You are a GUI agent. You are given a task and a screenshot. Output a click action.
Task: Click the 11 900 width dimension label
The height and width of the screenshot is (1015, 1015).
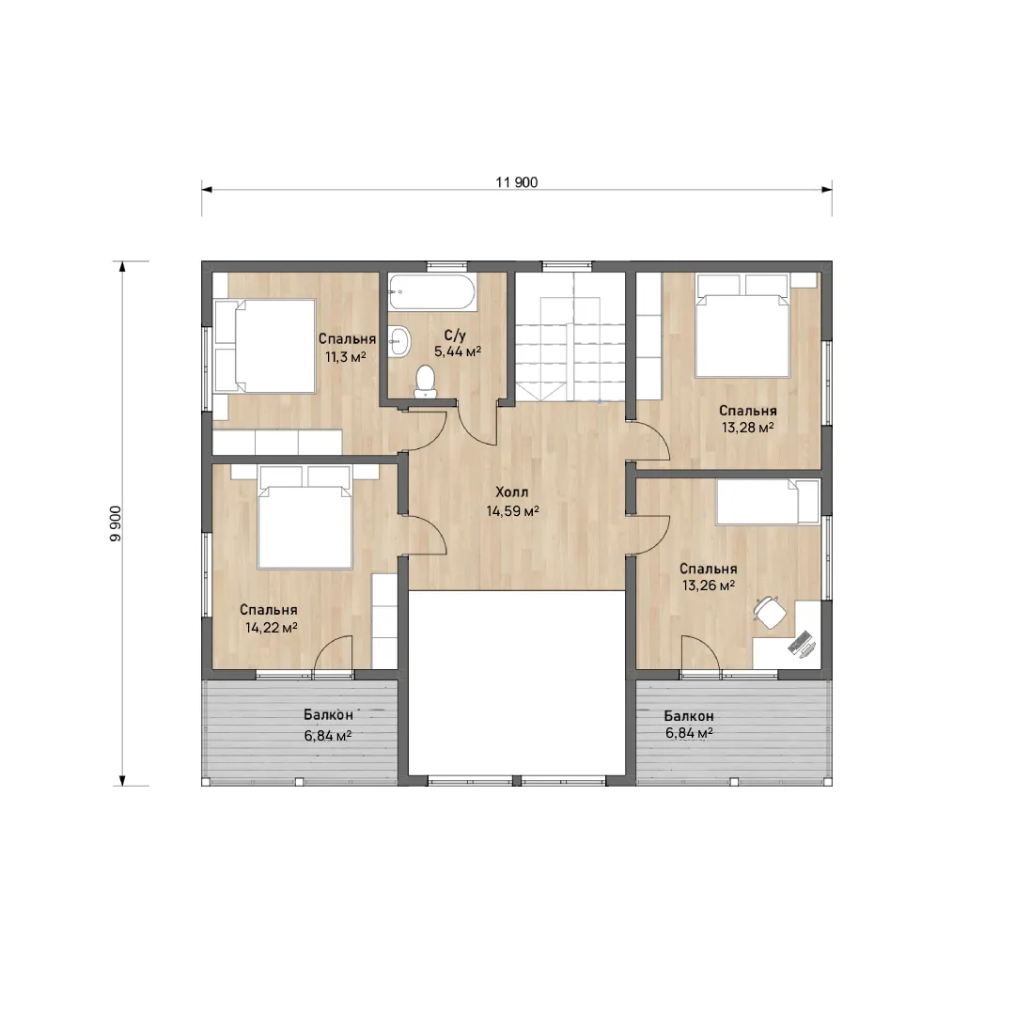click(x=517, y=182)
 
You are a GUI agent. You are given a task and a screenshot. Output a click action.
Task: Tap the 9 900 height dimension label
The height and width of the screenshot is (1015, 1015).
click(x=116, y=523)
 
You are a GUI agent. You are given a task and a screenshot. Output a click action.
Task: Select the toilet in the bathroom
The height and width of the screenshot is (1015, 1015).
click(x=426, y=382)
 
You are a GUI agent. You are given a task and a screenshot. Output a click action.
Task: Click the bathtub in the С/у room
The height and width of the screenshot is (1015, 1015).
click(x=432, y=291)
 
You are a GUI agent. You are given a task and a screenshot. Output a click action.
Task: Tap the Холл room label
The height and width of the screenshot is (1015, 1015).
click(x=512, y=492)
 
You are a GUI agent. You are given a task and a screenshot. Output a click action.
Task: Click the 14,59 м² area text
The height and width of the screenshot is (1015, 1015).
click(x=513, y=510)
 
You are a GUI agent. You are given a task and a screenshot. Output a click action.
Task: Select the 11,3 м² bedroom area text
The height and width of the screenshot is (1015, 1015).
click(x=346, y=356)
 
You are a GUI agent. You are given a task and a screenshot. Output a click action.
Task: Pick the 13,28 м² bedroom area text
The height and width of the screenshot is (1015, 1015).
click(x=748, y=428)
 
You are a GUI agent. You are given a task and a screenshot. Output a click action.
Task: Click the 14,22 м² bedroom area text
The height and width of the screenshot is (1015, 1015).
click(x=272, y=627)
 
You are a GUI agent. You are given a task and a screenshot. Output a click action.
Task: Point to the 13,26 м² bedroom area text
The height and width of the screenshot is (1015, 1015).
click(x=709, y=586)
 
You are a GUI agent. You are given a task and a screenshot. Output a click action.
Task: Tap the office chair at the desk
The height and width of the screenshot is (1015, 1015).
click(x=770, y=612)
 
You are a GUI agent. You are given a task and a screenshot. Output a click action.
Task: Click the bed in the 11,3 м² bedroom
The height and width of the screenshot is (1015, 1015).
click(x=265, y=346)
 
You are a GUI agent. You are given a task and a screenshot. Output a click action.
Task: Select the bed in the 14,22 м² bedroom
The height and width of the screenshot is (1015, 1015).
click(x=304, y=517)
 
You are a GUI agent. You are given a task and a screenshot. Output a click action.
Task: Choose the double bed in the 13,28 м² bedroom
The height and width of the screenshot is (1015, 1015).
click(x=742, y=325)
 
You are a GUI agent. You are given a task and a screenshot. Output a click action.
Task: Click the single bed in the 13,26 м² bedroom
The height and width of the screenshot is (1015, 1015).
click(x=768, y=502)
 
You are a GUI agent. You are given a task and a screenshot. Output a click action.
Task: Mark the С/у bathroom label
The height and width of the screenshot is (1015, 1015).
click(x=455, y=336)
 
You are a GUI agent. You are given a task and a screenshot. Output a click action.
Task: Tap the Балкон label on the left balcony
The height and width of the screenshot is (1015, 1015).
click(x=328, y=715)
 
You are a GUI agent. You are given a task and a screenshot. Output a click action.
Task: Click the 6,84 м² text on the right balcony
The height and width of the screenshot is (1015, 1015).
click(x=689, y=733)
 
